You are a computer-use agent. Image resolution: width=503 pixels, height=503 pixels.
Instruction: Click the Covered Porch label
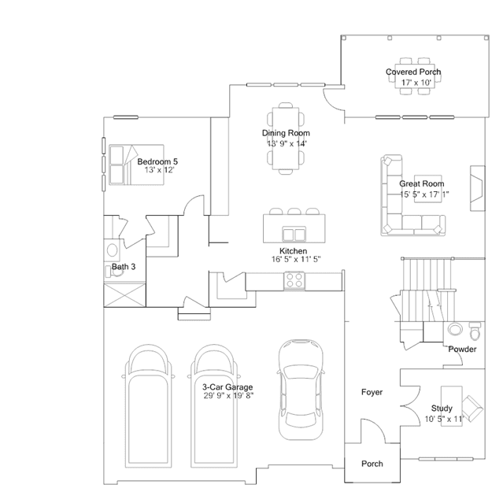coord(413,72)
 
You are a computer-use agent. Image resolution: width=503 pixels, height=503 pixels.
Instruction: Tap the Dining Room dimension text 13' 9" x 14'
coord(287,143)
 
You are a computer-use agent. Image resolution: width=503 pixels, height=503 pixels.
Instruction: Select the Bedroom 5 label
coord(157,161)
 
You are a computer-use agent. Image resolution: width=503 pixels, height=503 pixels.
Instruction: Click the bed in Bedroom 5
coord(136,165)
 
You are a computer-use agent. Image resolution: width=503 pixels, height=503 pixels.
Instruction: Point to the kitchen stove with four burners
coord(294,281)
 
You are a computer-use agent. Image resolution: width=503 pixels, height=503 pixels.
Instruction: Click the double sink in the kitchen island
coord(294,234)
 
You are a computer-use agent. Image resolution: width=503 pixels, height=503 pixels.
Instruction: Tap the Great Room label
coord(421,184)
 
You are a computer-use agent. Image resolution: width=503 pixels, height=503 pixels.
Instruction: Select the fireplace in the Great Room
coord(477,188)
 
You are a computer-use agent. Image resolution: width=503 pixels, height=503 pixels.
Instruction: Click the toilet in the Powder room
coord(475,331)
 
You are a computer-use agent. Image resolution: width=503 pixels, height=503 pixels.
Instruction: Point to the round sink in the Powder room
coord(455,329)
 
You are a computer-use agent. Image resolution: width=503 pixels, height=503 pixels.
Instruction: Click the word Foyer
coord(372,392)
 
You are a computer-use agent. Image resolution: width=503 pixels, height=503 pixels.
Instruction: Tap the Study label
coord(442,409)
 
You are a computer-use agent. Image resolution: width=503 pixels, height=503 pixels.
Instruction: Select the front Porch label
coord(372,464)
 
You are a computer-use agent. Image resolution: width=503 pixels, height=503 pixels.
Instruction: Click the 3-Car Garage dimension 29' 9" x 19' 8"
coord(228,396)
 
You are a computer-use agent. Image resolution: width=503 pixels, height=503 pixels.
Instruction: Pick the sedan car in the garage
coord(301,389)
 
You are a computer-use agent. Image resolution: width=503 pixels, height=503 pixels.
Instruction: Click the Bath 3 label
coord(124,267)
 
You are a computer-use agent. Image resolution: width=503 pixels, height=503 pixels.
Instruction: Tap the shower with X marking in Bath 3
coord(124,295)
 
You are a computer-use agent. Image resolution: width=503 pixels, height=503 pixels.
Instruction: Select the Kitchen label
coord(293,251)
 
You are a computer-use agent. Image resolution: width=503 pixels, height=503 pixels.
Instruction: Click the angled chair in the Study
coord(472,409)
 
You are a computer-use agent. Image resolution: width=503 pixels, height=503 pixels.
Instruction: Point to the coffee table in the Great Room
coord(427,189)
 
